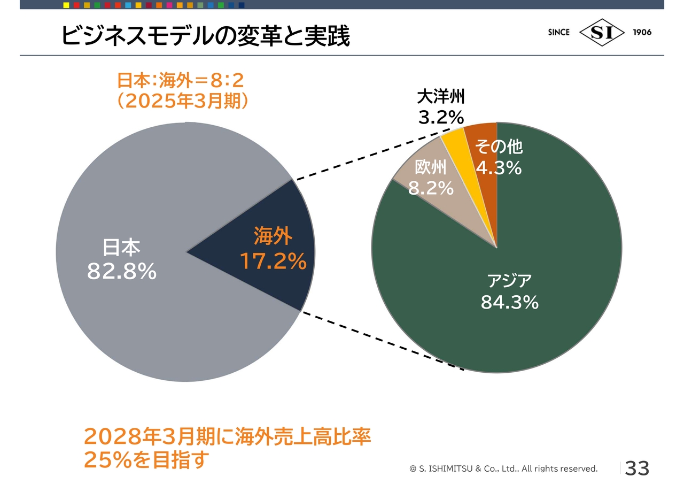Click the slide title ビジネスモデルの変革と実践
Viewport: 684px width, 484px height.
(x=206, y=36)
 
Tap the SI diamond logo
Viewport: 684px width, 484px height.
(x=602, y=33)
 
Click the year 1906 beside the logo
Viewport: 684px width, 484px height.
(x=642, y=32)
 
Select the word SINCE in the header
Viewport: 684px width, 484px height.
(x=558, y=32)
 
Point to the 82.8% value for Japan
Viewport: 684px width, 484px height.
(x=122, y=272)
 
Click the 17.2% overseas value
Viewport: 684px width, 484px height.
(x=273, y=262)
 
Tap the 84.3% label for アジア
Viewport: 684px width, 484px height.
(x=509, y=302)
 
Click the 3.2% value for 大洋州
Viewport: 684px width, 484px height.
(x=441, y=117)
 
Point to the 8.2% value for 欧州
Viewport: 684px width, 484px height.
(x=431, y=188)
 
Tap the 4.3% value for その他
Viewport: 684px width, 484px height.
(x=499, y=168)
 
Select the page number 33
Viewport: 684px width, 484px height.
(x=636, y=468)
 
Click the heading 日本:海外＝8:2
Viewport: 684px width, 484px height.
(x=181, y=81)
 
